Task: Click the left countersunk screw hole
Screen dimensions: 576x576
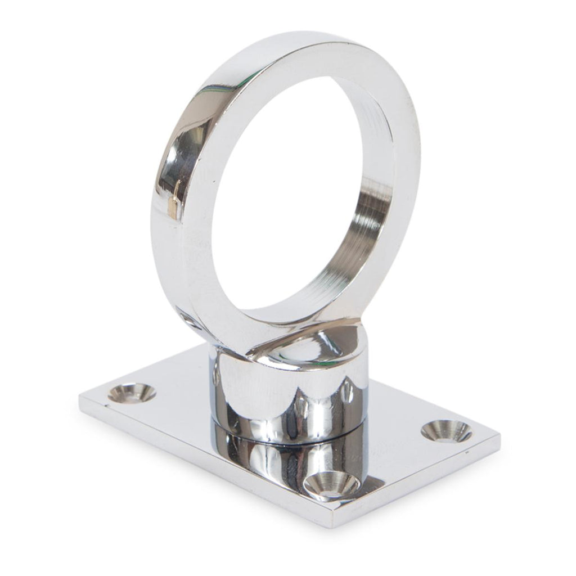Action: coord(132,393)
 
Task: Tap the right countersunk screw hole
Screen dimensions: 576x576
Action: coord(446,431)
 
